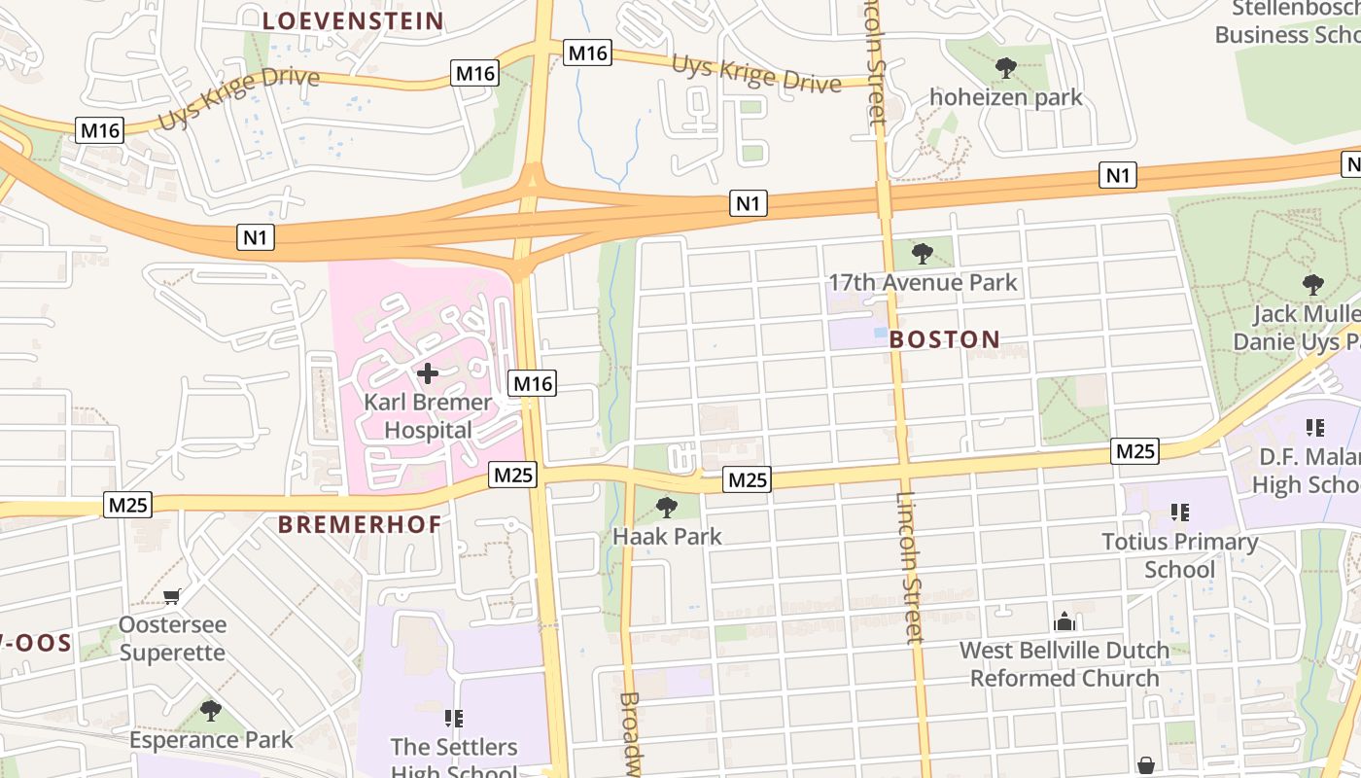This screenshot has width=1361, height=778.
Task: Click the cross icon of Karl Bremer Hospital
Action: click(x=427, y=373)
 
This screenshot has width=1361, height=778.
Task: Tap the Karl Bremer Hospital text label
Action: click(x=428, y=416)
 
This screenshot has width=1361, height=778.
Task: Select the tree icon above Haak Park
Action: click(x=666, y=507)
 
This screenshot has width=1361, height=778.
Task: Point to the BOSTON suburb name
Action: click(x=944, y=339)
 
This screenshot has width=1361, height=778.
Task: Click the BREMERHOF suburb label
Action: click(x=360, y=524)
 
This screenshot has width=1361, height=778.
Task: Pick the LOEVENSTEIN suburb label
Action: click(x=353, y=20)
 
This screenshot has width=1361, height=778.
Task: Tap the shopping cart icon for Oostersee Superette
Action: click(x=172, y=595)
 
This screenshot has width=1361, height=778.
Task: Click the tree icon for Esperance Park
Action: click(x=210, y=711)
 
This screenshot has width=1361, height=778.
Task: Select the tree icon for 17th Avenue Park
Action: click(x=923, y=254)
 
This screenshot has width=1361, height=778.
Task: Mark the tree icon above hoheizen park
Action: click(x=1006, y=68)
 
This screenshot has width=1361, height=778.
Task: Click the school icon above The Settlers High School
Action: click(x=453, y=719)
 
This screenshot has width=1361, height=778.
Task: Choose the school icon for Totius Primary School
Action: click(x=1180, y=512)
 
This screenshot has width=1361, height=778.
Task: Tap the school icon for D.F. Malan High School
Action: click(x=1315, y=427)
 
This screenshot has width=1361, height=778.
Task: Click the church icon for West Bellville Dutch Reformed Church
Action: click(x=1064, y=620)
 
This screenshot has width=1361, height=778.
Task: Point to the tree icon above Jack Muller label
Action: click(x=1312, y=285)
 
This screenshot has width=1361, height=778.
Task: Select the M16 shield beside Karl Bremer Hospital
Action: click(x=533, y=383)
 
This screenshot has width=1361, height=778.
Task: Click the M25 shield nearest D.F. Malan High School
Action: click(x=1134, y=451)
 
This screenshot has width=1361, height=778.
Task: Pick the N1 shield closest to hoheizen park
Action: click(x=1118, y=175)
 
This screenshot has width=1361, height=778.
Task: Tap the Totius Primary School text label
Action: click(x=1179, y=555)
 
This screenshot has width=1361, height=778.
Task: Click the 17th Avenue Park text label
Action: click(x=922, y=283)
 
